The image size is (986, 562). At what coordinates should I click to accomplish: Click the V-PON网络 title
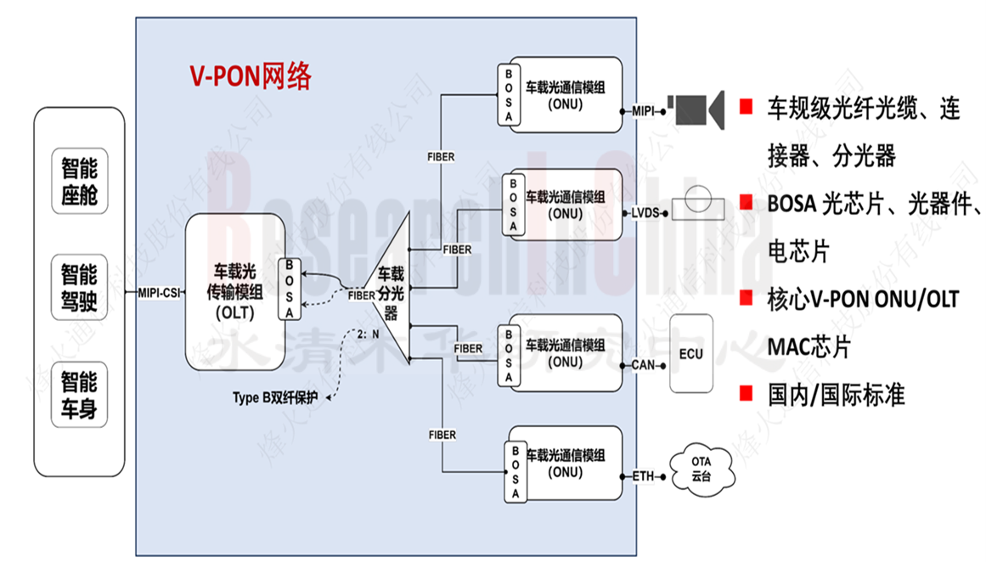point(250,76)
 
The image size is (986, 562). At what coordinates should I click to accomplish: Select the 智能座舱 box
point(79,182)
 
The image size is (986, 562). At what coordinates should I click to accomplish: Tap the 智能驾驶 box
point(79,287)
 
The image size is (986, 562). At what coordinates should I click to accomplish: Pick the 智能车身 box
point(79,394)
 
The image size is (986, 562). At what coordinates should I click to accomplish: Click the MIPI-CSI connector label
point(159,294)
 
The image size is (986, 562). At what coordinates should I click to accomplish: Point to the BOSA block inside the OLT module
point(290,289)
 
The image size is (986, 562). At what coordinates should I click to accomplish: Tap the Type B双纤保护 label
point(276,397)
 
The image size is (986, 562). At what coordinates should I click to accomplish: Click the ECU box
point(691,354)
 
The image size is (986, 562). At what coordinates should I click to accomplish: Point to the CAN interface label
point(644,364)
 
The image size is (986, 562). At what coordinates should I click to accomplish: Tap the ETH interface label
point(643,476)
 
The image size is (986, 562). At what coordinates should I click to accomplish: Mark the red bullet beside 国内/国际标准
point(746,393)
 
